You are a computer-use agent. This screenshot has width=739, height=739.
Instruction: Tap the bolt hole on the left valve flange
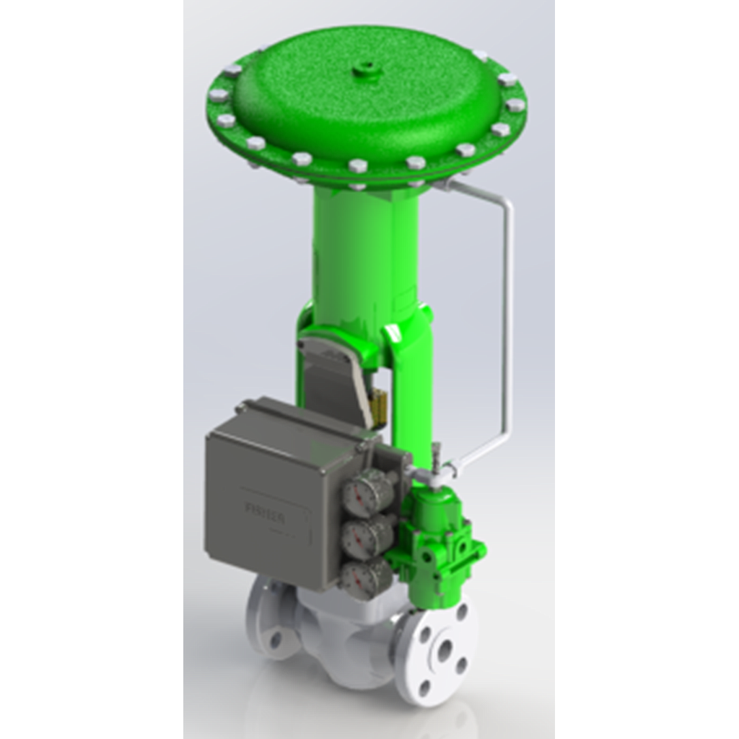coord(275,638)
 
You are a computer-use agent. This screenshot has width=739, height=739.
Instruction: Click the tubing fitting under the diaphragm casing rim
coord(442,186)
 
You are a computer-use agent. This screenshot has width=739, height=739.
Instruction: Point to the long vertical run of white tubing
coord(509,318)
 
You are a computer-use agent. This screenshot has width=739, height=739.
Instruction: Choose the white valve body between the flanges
coord(354,635)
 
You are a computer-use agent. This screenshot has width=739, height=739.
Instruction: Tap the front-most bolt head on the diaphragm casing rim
coord(358,167)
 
